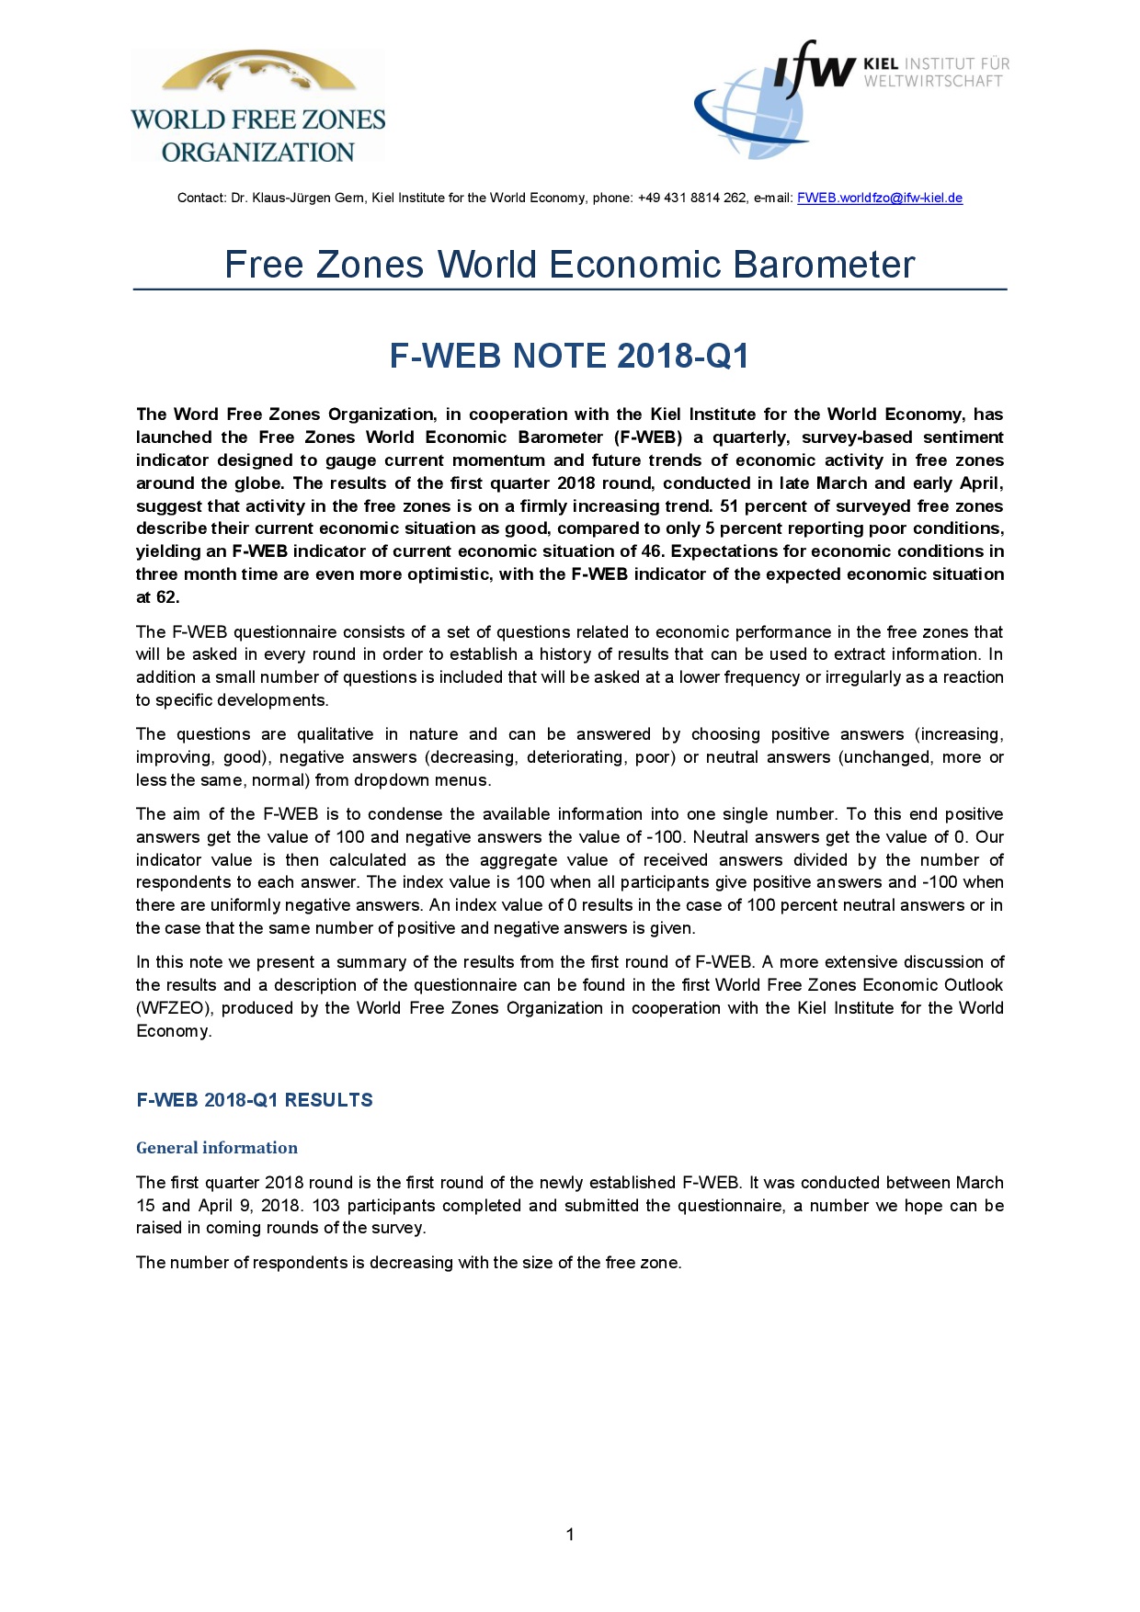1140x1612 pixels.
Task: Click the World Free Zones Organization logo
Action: click(257, 107)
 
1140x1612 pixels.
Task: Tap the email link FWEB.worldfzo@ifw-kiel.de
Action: click(879, 198)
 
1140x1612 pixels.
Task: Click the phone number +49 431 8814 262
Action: click(692, 198)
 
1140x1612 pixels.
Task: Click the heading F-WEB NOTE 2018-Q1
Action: click(569, 356)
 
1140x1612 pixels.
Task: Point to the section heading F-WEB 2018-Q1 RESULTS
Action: click(255, 1100)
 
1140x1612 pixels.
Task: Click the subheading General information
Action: click(217, 1148)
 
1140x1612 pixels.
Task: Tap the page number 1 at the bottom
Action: click(570, 1534)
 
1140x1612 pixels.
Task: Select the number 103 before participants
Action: click(325, 1205)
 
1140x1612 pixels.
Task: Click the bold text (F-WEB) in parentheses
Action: click(648, 437)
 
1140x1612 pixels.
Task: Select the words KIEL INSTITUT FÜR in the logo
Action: click(936, 64)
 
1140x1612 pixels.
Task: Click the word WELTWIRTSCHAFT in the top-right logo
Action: click(932, 82)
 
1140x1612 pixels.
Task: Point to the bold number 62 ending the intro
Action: click(166, 597)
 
